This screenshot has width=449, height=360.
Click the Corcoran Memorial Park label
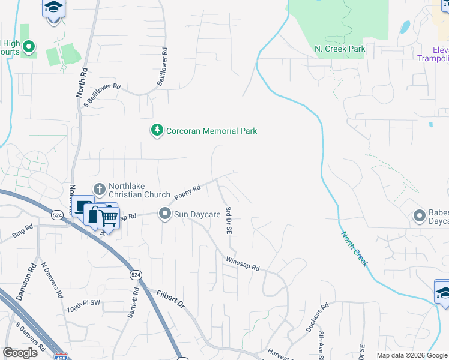point(211,131)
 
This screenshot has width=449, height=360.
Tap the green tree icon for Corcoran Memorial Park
point(157,130)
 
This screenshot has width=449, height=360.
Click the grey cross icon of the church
point(100,189)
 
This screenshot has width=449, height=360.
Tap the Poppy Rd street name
point(187,193)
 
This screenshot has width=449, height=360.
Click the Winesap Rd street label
point(243,263)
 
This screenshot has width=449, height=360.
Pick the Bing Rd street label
point(23,231)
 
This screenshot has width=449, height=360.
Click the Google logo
point(20,353)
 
